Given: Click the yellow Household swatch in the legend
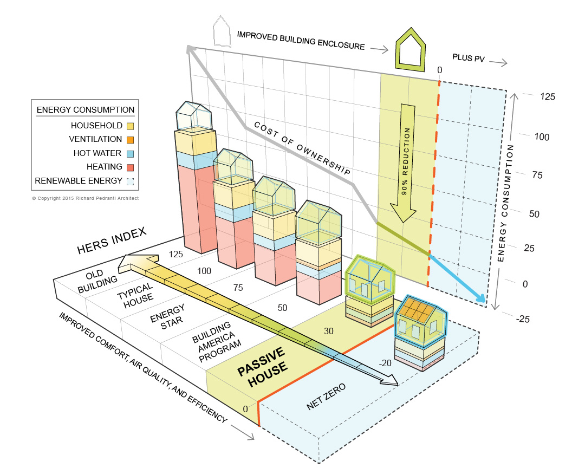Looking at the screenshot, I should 130,126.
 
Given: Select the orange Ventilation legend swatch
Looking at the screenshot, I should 130,139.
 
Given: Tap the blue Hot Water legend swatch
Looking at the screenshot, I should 130,153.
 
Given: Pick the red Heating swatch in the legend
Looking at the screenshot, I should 130,167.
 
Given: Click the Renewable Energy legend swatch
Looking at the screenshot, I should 130,181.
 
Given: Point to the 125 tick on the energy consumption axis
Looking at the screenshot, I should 548,97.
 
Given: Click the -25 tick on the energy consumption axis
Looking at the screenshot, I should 523,319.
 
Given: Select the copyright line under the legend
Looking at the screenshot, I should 85,198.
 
